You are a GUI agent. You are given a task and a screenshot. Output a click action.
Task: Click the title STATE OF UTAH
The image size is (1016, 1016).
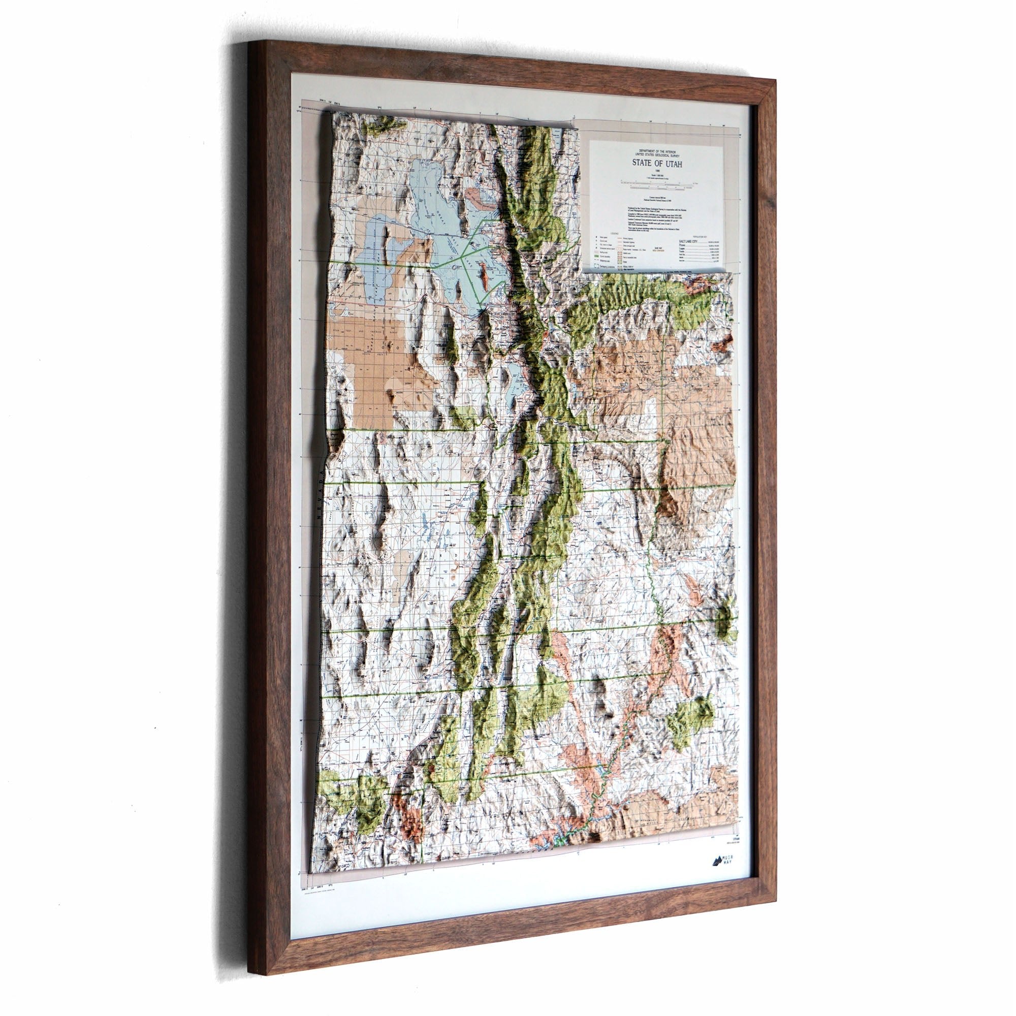(657, 164)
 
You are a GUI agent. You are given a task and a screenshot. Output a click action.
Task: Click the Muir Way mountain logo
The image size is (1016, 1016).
(717, 861)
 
